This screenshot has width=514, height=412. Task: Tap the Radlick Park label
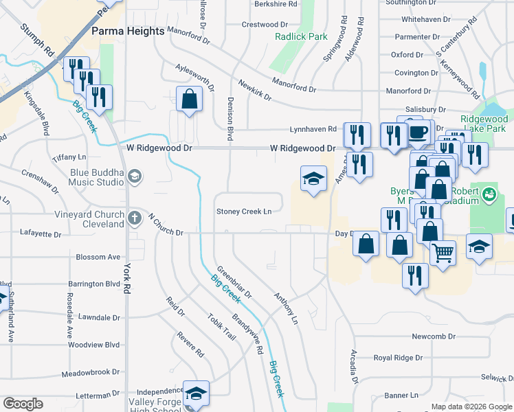click(301, 36)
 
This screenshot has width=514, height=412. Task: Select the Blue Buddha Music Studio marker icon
click(135, 177)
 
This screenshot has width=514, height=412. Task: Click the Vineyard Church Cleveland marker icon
click(135, 218)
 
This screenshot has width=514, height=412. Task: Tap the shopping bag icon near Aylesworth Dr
click(189, 100)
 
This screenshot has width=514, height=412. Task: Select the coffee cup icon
click(418, 132)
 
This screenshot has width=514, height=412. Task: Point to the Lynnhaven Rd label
click(313, 128)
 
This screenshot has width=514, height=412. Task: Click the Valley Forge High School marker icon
click(196, 393)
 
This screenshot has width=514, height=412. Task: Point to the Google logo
click(23, 404)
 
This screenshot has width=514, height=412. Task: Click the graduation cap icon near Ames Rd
click(313, 179)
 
